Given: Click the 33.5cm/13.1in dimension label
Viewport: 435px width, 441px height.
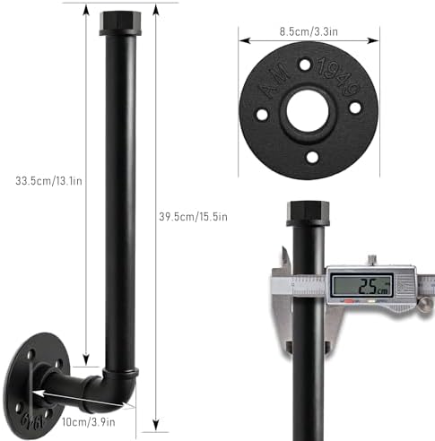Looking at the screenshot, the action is click(x=48, y=181).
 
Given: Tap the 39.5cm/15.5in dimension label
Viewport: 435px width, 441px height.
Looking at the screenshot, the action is click(x=193, y=217).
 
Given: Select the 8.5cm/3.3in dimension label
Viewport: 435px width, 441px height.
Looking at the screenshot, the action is click(x=309, y=31).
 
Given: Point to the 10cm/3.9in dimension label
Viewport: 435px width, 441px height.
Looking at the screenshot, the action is click(x=89, y=422).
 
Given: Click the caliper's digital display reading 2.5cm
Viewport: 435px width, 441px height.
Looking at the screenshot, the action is click(x=363, y=286).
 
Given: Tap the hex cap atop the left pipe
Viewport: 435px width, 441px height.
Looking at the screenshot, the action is click(x=120, y=23).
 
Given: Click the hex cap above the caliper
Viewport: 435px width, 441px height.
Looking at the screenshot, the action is click(x=308, y=213).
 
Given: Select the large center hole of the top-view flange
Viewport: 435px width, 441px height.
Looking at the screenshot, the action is click(x=308, y=110).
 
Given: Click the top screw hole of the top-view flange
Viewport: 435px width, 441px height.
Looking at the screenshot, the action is click(x=305, y=65).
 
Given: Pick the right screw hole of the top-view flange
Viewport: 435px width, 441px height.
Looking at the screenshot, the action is click(x=355, y=108).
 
